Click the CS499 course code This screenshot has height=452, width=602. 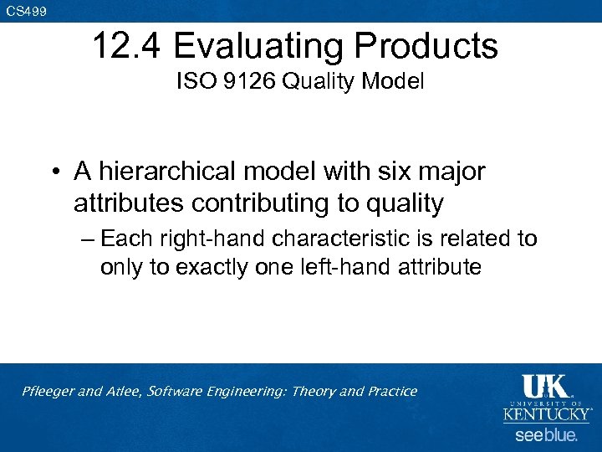(x=26, y=11)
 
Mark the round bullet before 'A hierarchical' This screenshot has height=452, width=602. (x=54, y=172)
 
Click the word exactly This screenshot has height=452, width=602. (x=215, y=267)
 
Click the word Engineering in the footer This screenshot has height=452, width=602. (x=247, y=392)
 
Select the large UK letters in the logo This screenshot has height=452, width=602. (x=545, y=387)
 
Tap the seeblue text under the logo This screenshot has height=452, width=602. (x=545, y=435)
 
